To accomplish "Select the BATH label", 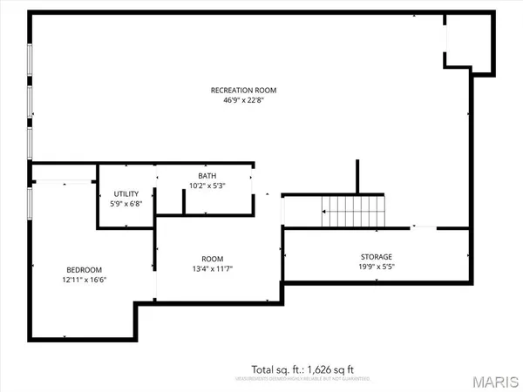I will pyautogui.click(x=207, y=176).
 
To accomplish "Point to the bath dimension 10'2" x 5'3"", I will pyautogui.click(x=207, y=186).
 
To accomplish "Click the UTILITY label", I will pyautogui.click(x=127, y=194).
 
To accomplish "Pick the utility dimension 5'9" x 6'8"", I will pyautogui.click(x=127, y=204).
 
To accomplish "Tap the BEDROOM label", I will pyautogui.click(x=84, y=270).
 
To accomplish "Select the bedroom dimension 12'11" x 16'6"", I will pyautogui.click(x=84, y=280).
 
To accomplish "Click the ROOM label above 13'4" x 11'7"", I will pyautogui.click(x=212, y=259).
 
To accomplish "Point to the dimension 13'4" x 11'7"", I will pyautogui.click(x=212, y=269).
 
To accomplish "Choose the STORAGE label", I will pyautogui.click(x=377, y=257).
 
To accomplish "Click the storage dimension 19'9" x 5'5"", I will pyautogui.click(x=377, y=267).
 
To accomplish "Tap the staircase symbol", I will pyautogui.click(x=353, y=211).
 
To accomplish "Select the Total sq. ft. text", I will pyautogui.click(x=302, y=369).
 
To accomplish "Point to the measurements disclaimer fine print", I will pyautogui.click(x=302, y=380).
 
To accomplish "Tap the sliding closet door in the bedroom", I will pyautogui.click(x=64, y=181).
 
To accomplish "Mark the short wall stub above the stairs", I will pyautogui.click(x=357, y=177).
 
